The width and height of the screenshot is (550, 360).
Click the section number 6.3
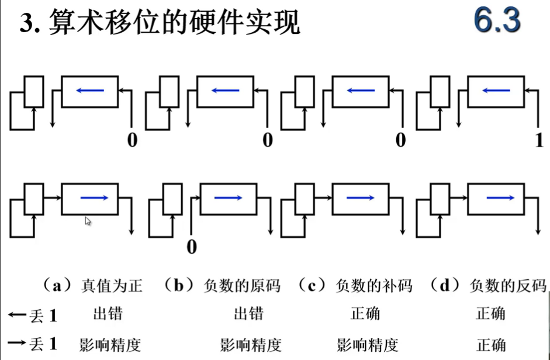point(497,22)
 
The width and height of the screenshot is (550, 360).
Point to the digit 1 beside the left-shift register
point(538,140)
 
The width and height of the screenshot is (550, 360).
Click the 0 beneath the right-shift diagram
point(192,247)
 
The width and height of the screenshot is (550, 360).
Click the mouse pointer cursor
point(88,221)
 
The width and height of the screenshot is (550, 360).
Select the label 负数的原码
point(242,285)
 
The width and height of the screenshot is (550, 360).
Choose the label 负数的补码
point(374,285)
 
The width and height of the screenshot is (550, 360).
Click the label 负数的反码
point(508,285)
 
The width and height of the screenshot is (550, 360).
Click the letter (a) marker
point(57,285)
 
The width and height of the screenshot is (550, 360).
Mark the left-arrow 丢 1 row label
point(33,316)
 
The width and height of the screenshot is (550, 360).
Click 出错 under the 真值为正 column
point(108,314)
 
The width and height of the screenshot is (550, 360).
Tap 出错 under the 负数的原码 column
point(249,314)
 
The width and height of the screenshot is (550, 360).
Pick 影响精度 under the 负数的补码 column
point(368,345)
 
